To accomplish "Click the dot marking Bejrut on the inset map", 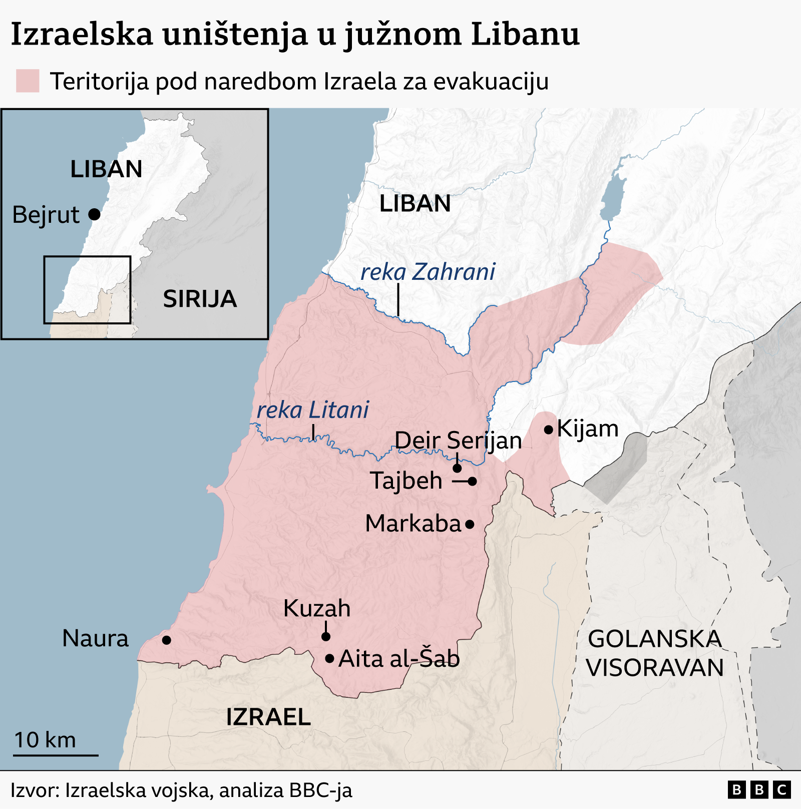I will (x=94, y=215).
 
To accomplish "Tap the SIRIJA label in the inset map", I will (x=200, y=299).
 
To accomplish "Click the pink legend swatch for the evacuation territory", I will (x=28, y=81).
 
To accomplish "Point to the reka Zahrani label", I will (x=428, y=272).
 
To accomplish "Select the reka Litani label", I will (x=312, y=410).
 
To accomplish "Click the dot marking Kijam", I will (x=549, y=430).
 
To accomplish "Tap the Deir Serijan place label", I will (x=458, y=441).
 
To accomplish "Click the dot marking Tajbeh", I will (x=473, y=481).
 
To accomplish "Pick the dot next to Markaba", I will (x=470, y=525).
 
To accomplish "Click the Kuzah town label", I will (x=317, y=608).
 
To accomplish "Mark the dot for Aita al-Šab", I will (x=329, y=658).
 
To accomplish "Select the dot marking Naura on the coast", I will (x=167, y=640).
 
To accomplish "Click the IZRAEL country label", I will (x=268, y=717).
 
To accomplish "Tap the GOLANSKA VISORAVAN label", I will (x=655, y=653).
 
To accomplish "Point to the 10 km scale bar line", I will (x=56, y=755).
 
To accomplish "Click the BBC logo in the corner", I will (x=758, y=790).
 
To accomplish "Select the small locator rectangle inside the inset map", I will (x=87, y=290).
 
